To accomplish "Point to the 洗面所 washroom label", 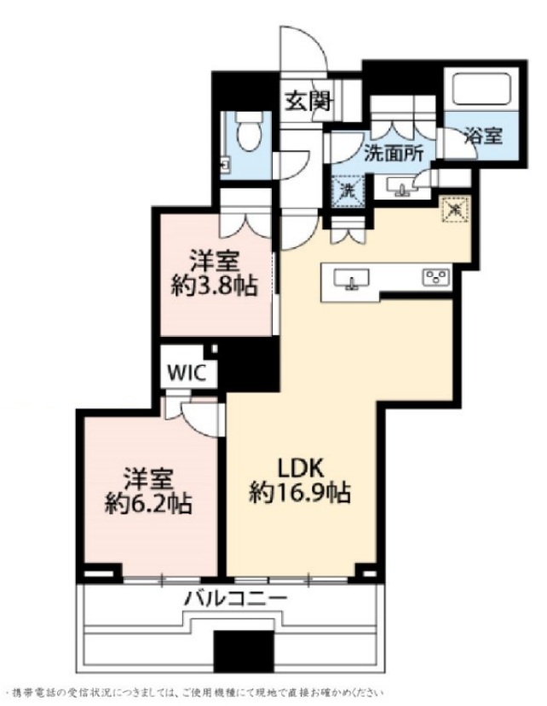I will pyautogui.click(x=394, y=154).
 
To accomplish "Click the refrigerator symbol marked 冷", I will pyautogui.click(x=455, y=207).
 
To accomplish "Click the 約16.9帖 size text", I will pyautogui.click(x=300, y=492).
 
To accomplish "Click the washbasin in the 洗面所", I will pyautogui.click(x=398, y=185).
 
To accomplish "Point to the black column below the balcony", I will pyautogui.click(x=241, y=653).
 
